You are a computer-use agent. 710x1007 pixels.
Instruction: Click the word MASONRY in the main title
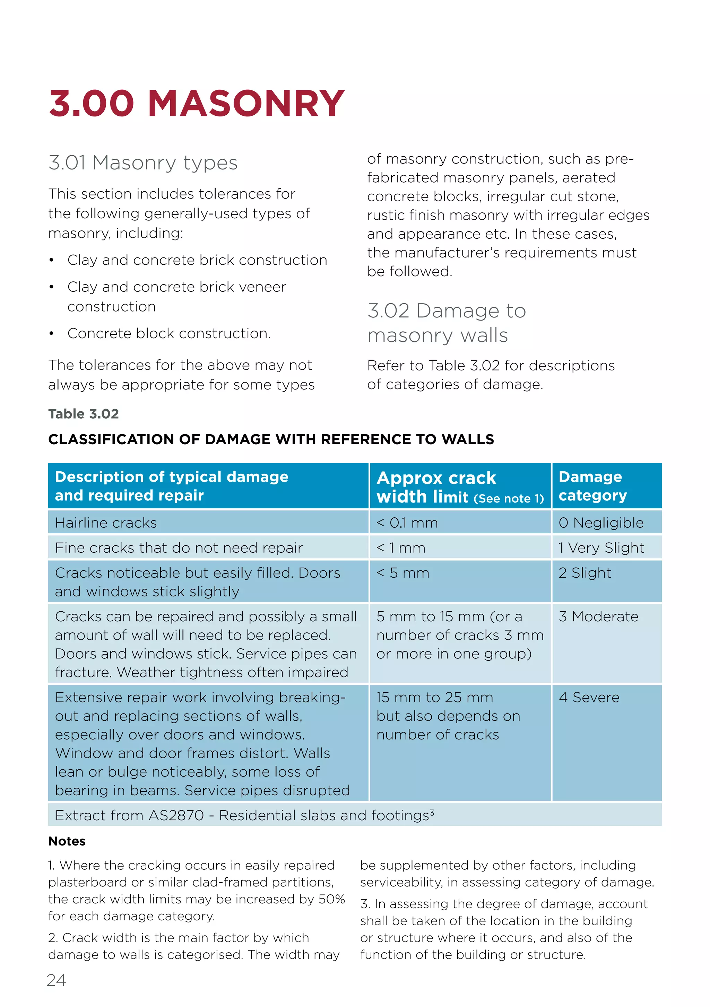coord(246,104)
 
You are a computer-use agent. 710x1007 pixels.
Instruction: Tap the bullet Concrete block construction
coord(168,333)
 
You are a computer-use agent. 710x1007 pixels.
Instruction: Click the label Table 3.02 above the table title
coord(83,414)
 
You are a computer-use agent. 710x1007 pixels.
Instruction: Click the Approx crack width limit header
coord(459,487)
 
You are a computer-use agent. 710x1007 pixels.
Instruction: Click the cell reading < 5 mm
coord(402,573)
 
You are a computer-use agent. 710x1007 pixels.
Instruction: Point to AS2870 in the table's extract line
coord(176,815)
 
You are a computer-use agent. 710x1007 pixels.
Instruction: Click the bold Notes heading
coord(67,841)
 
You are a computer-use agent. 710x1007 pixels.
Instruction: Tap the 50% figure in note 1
coord(331,899)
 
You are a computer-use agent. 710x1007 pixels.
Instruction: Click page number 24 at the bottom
coord(56,980)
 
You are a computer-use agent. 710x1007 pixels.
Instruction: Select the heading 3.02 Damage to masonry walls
coord(446,323)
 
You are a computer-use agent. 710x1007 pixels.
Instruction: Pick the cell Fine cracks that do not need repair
coord(179,548)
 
